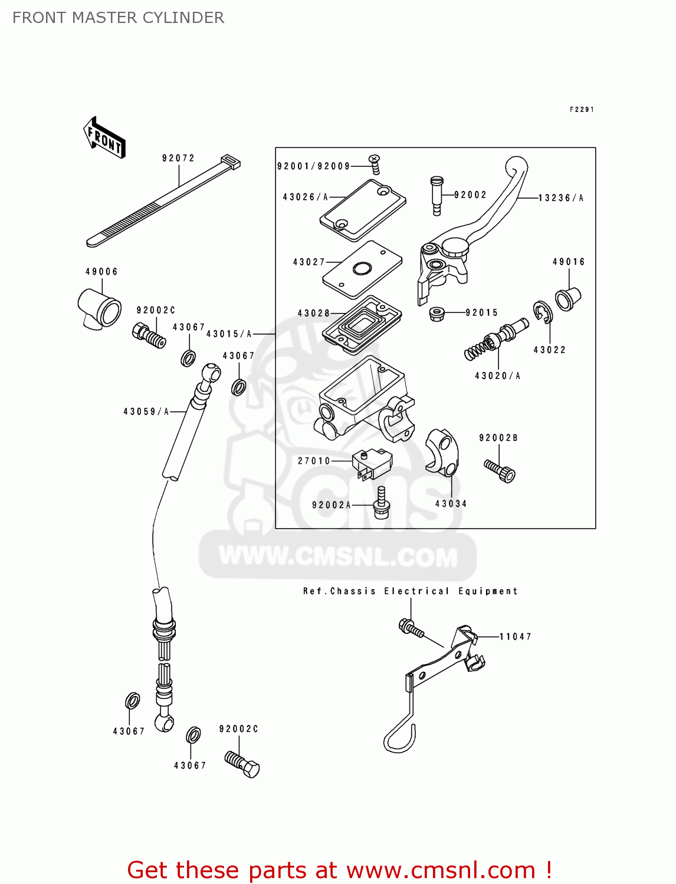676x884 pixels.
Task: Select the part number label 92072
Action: pyautogui.click(x=178, y=158)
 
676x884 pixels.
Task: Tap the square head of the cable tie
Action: pyautogui.click(x=231, y=161)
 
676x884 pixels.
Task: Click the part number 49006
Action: pyautogui.click(x=101, y=272)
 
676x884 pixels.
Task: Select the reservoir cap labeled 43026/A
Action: pyautogui.click(x=363, y=210)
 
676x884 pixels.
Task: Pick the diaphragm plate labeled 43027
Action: pyautogui.click(x=362, y=269)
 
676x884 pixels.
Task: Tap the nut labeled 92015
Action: pyautogui.click(x=437, y=313)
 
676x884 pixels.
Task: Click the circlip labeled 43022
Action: pyautogui.click(x=542, y=312)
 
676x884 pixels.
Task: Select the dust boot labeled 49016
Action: pyautogui.click(x=568, y=298)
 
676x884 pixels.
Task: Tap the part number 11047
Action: pyautogui.click(x=515, y=636)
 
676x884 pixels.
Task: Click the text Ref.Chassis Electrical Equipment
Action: pyautogui.click(x=410, y=591)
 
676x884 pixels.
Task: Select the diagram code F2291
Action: pyautogui.click(x=582, y=110)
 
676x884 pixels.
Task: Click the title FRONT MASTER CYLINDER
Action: pyautogui.click(x=118, y=18)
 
